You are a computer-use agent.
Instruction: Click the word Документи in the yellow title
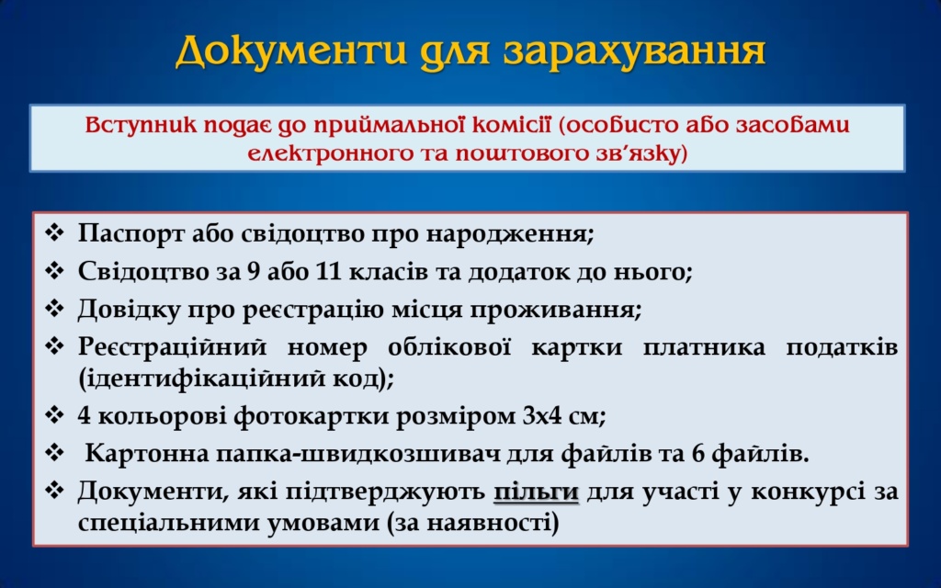[x=291, y=51]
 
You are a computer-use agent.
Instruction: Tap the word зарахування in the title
[x=634, y=52]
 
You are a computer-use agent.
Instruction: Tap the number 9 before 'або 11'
[x=254, y=271]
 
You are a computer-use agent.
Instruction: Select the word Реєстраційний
[x=172, y=347]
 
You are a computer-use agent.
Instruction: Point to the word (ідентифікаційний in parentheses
[x=200, y=379]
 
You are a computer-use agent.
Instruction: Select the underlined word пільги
[x=536, y=492]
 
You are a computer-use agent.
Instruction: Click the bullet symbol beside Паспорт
[x=54, y=232]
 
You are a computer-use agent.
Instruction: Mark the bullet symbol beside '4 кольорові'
[x=54, y=414]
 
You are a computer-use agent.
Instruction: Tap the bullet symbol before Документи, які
[x=54, y=491]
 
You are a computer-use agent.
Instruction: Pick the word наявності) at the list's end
[x=493, y=523]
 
